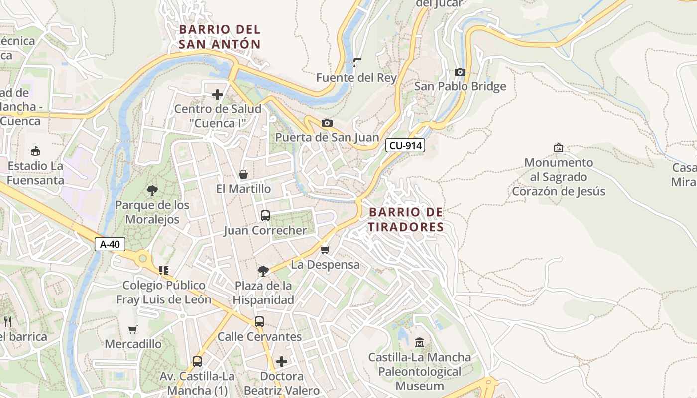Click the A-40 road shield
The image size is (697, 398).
coord(110,244)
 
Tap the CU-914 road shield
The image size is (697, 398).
coord(405,146)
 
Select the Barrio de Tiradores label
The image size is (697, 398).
coord(406,220)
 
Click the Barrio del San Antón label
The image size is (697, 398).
coord(220,37)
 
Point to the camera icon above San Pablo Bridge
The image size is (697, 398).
coord(460,72)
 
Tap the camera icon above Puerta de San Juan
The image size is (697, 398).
coord(327,123)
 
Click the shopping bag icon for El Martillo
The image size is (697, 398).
coord(243,174)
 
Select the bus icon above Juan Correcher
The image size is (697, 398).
coord(265,216)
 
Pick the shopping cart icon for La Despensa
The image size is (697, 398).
coord(325,250)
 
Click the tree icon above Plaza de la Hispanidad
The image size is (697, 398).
coord(263,271)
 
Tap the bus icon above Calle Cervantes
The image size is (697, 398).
coord(259,322)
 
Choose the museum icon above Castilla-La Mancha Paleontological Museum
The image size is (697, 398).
coord(419,342)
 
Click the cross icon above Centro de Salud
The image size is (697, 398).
coord(218,94)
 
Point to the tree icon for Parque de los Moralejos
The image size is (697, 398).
coord(152,190)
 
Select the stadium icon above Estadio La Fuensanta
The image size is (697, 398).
coord(35,151)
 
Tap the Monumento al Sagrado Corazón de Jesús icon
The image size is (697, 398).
coord(558,148)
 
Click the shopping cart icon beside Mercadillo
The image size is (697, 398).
coord(132,329)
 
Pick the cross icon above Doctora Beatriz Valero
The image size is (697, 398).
coord(282,361)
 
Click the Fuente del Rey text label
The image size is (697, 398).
coord(356,78)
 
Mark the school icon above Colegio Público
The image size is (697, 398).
coord(163,271)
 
